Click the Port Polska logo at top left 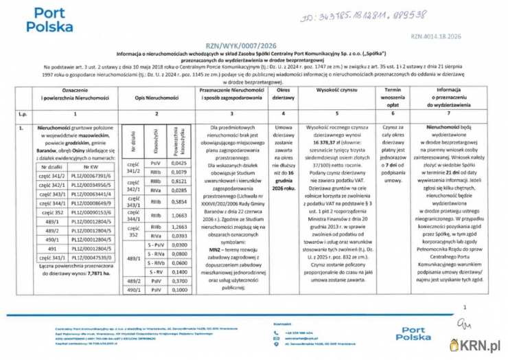49,21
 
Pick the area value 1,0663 179,216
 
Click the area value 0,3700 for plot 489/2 179,281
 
